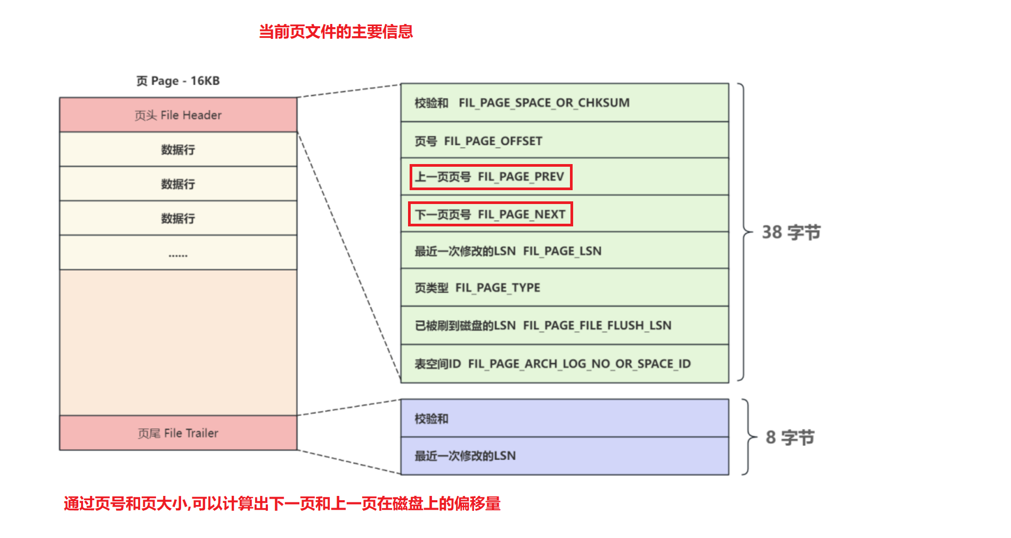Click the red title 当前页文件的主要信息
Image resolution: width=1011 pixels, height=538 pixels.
[336, 31]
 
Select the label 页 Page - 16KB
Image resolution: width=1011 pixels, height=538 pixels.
[178, 81]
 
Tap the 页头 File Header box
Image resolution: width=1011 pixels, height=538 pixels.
[178, 115]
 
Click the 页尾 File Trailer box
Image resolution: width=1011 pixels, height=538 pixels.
[178, 433]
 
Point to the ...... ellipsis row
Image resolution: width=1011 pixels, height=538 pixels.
[178, 253]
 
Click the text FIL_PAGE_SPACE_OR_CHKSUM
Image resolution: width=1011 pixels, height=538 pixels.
[544, 103]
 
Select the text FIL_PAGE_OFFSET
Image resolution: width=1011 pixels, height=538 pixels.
[493, 141]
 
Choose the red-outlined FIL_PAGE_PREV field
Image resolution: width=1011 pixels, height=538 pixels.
[491, 177]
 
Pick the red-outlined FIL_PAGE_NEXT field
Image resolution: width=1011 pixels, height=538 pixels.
[491, 214]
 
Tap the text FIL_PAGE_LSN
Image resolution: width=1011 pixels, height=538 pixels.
[562, 251]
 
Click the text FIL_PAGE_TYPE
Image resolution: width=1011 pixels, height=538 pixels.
[498, 288]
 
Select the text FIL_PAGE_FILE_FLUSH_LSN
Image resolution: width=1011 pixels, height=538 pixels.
[597, 325]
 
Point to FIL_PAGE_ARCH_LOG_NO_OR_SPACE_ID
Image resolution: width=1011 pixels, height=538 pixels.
[579, 364]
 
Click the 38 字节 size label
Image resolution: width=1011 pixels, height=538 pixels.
[791, 232]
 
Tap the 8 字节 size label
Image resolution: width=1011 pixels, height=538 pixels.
[790, 438]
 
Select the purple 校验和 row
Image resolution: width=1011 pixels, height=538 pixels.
[565, 419]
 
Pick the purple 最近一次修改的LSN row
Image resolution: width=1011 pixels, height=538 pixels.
[565, 456]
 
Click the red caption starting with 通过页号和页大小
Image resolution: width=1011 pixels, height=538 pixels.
[282, 503]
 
